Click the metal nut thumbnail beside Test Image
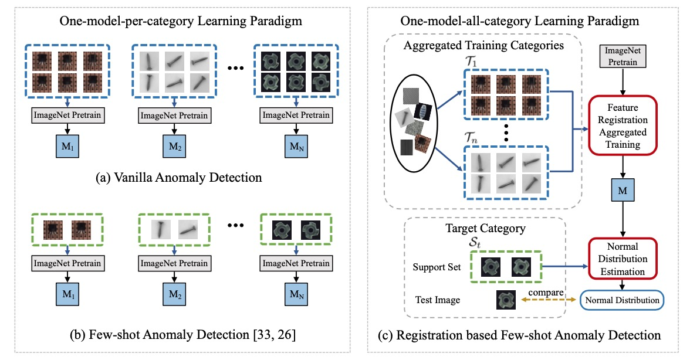pyautogui.click(x=506, y=300)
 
